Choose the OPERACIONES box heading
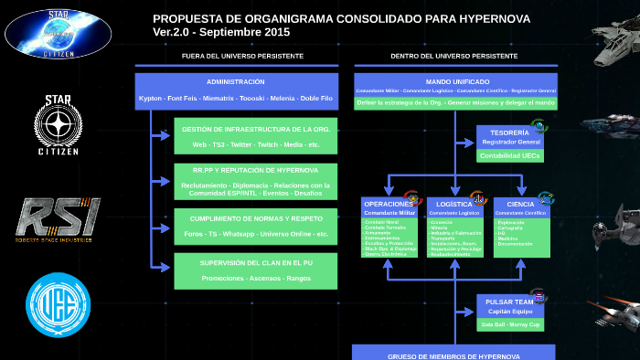click(388, 204)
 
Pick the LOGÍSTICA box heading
click(454, 204)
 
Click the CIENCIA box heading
click(520, 204)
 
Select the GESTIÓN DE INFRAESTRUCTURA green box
click(256, 136)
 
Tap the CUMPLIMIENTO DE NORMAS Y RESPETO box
click(256, 226)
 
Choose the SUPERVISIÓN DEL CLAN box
click(256, 270)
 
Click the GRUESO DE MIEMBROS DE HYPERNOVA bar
click(453, 354)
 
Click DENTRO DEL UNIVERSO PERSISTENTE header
click(453, 55)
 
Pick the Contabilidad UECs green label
click(510, 156)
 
